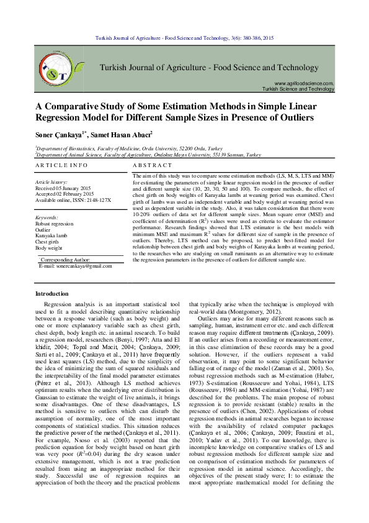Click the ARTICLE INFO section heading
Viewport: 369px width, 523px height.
[x=61, y=167]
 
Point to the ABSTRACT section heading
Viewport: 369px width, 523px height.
[x=153, y=167]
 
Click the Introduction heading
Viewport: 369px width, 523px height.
[x=53, y=293]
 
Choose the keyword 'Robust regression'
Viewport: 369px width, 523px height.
[x=54, y=223]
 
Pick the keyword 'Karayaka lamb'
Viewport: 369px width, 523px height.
[x=51, y=235]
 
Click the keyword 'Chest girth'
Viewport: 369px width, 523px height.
[x=48, y=242]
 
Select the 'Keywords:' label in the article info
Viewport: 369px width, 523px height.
[x=47, y=217]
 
